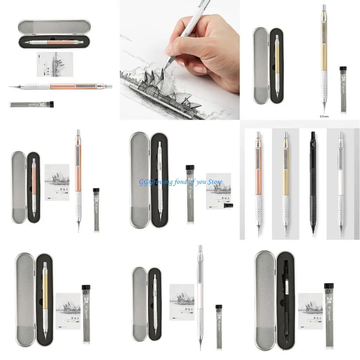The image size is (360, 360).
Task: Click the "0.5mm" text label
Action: (324, 116)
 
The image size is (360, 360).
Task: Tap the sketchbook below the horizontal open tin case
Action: (55, 64)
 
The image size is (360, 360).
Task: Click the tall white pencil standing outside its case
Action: (200, 295)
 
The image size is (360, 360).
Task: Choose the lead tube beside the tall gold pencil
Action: (343, 90)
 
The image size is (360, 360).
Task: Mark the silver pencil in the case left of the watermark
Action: (160, 179)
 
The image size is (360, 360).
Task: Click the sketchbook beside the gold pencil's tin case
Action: (68, 311)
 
